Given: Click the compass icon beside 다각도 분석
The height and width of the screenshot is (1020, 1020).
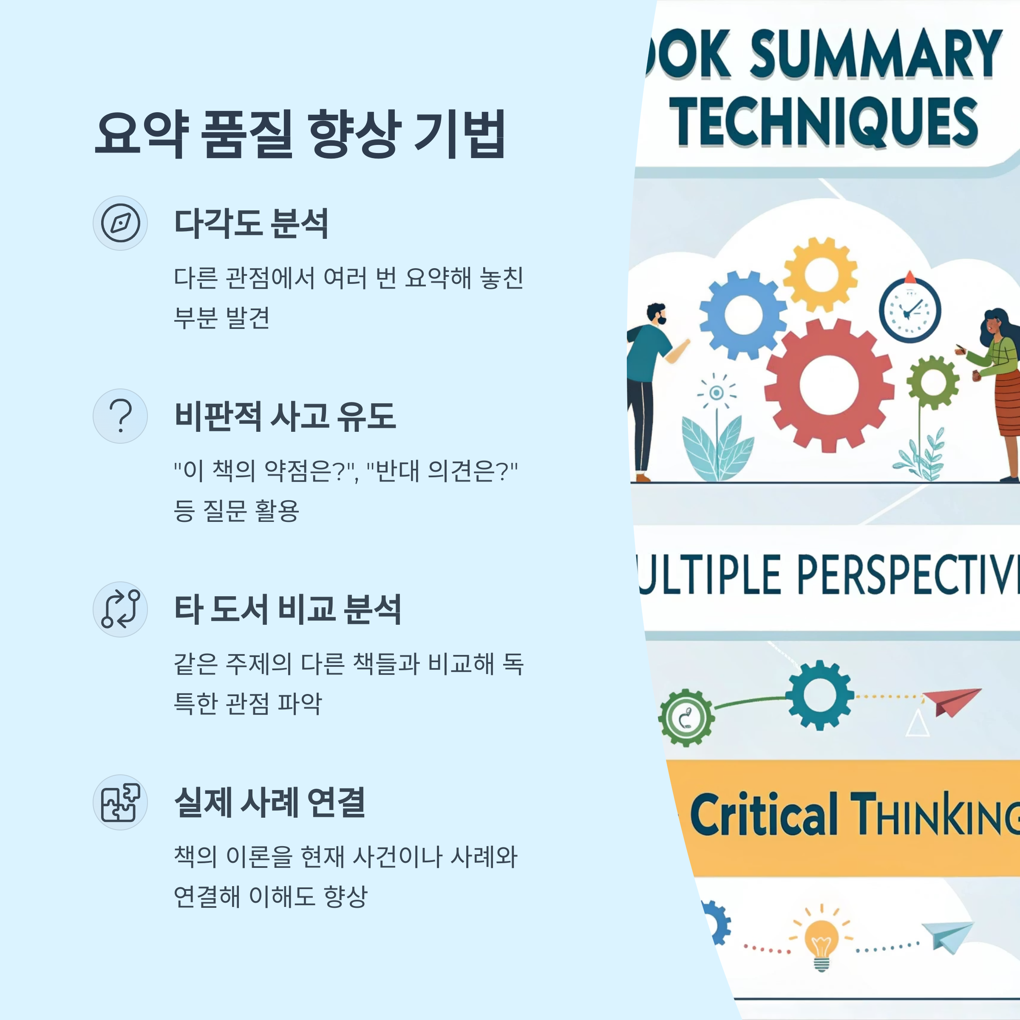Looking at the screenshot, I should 120,223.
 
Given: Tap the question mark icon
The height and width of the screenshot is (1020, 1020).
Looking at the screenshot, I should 120,416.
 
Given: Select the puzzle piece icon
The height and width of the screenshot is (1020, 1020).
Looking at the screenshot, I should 120,802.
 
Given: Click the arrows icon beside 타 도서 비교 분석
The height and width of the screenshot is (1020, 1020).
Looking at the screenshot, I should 120,609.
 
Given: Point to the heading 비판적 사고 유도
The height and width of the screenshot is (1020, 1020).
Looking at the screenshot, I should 285,416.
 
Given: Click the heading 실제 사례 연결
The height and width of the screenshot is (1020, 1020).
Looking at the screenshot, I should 269,802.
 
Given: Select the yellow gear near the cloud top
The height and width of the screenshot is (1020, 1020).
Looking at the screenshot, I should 820,275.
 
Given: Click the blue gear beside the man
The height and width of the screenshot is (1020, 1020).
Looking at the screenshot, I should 743,316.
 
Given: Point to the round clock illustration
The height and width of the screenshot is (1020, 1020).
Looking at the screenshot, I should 909,311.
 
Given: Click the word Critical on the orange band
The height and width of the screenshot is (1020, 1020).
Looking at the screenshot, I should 763,816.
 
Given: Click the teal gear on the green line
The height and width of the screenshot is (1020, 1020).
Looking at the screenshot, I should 819,695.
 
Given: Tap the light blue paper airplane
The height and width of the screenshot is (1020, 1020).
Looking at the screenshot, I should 948,935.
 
